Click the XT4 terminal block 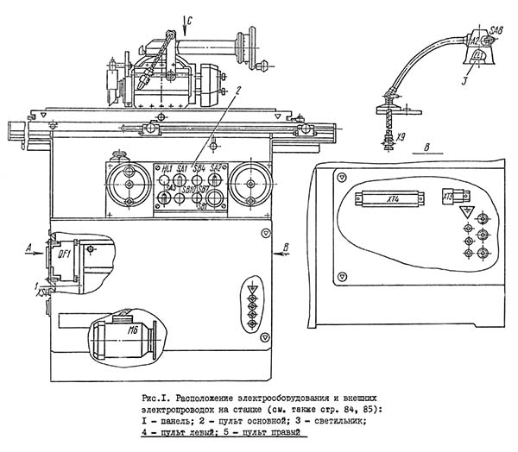point(393,198)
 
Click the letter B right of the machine point(285,247)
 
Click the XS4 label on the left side point(41,293)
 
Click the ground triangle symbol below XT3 point(464,211)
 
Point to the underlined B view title point(426,148)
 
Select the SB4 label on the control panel point(199,166)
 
